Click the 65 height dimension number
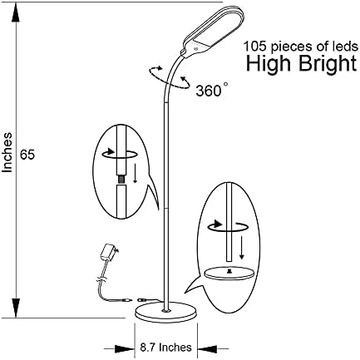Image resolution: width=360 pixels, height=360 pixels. click(x=27, y=155)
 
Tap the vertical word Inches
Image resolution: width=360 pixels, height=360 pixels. click(x=7, y=153)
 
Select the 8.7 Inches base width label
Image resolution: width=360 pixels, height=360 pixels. click(x=165, y=347)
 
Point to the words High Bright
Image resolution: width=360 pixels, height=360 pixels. click(x=302, y=63)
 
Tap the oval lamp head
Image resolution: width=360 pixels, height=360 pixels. click(x=214, y=31)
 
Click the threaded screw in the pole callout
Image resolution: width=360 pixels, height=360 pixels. click(x=121, y=180)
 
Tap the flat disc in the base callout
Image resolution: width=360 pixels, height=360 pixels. click(x=229, y=272)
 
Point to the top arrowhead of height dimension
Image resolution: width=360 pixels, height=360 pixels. click(x=17, y=13)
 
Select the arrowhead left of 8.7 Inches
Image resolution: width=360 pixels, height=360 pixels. click(x=124, y=349)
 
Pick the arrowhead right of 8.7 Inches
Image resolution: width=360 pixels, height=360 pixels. click(x=207, y=349)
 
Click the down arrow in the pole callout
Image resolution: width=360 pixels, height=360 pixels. click(x=135, y=173)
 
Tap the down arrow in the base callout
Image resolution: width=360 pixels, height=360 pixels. click(x=242, y=248)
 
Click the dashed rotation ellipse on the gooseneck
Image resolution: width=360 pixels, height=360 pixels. click(x=170, y=77)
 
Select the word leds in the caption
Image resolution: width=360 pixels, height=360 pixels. click(x=346, y=47)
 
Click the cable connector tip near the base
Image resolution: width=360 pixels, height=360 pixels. click(x=142, y=300)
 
